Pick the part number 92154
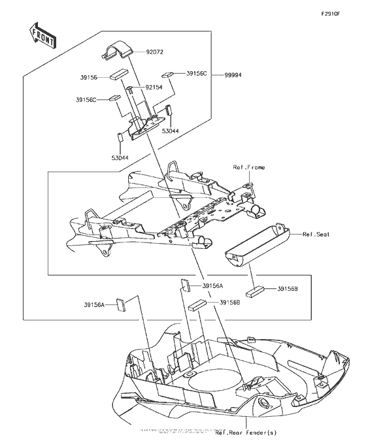pyautogui.click(x=154, y=87)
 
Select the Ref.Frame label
pyautogui.click(x=249, y=168)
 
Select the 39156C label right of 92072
pyautogui.click(x=196, y=74)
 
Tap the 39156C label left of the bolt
pyautogui.click(x=86, y=99)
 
